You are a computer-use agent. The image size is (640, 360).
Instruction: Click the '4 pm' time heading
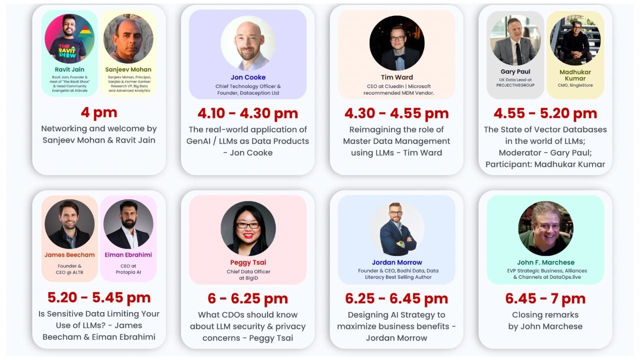pos(99,112)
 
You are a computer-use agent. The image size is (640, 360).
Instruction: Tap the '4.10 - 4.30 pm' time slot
pos(247,113)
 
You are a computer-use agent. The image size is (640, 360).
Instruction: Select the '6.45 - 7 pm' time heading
pos(545,298)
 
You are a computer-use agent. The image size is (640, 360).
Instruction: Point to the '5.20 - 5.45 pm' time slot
pos(99,297)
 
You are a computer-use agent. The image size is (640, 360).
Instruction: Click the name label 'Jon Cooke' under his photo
pos(248,77)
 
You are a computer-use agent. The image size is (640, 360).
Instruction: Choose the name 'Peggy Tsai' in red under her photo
pos(248,262)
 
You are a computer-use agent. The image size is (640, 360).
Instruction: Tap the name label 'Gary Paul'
pos(515,71)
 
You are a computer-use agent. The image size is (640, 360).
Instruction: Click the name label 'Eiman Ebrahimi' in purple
pos(128,254)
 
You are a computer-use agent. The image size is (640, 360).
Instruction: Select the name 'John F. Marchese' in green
pos(545,262)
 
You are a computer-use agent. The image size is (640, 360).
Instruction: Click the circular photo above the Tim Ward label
pos(396,43)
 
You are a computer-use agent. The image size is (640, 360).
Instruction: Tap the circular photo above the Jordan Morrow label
pos(396,228)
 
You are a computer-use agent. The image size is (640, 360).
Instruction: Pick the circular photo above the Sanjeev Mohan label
pos(128,38)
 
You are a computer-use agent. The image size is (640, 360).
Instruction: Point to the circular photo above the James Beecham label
pos(69,224)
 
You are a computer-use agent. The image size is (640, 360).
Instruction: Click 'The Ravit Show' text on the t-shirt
pos(67,50)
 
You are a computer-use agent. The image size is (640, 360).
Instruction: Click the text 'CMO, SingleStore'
pos(575,85)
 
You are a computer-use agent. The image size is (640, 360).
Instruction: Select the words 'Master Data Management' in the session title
pos(396,141)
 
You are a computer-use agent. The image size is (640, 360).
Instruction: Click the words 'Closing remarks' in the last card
pos(545,314)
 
